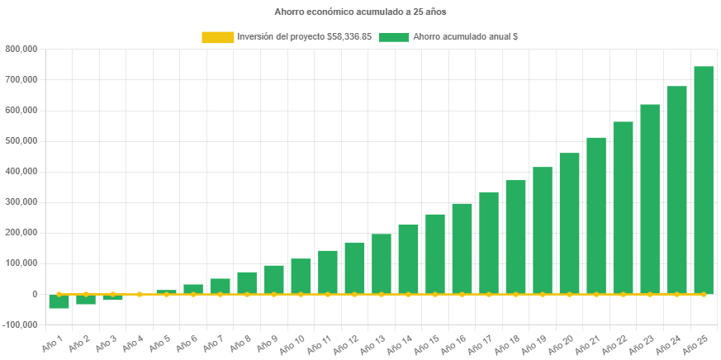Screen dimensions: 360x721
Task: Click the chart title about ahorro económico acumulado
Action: click(x=360, y=12)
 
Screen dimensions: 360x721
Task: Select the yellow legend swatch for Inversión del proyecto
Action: click(x=217, y=37)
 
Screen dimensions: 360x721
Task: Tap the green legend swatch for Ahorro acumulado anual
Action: click(x=394, y=37)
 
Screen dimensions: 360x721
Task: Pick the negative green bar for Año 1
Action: click(x=59, y=301)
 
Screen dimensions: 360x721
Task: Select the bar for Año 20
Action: click(x=569, y=223)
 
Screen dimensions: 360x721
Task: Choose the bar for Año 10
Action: click(x=301, y=276)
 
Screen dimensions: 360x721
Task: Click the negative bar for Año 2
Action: click(x=86, y=300)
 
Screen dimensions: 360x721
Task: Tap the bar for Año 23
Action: click(x=650, y=198)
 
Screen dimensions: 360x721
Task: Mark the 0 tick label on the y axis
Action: click(x=34, y=294)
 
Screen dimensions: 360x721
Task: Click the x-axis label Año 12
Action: click(x=349, y=343)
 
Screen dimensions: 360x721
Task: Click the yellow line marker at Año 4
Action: click(x=140, y=294)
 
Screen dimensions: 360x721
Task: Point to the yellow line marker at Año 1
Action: click(x=59, y=294)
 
